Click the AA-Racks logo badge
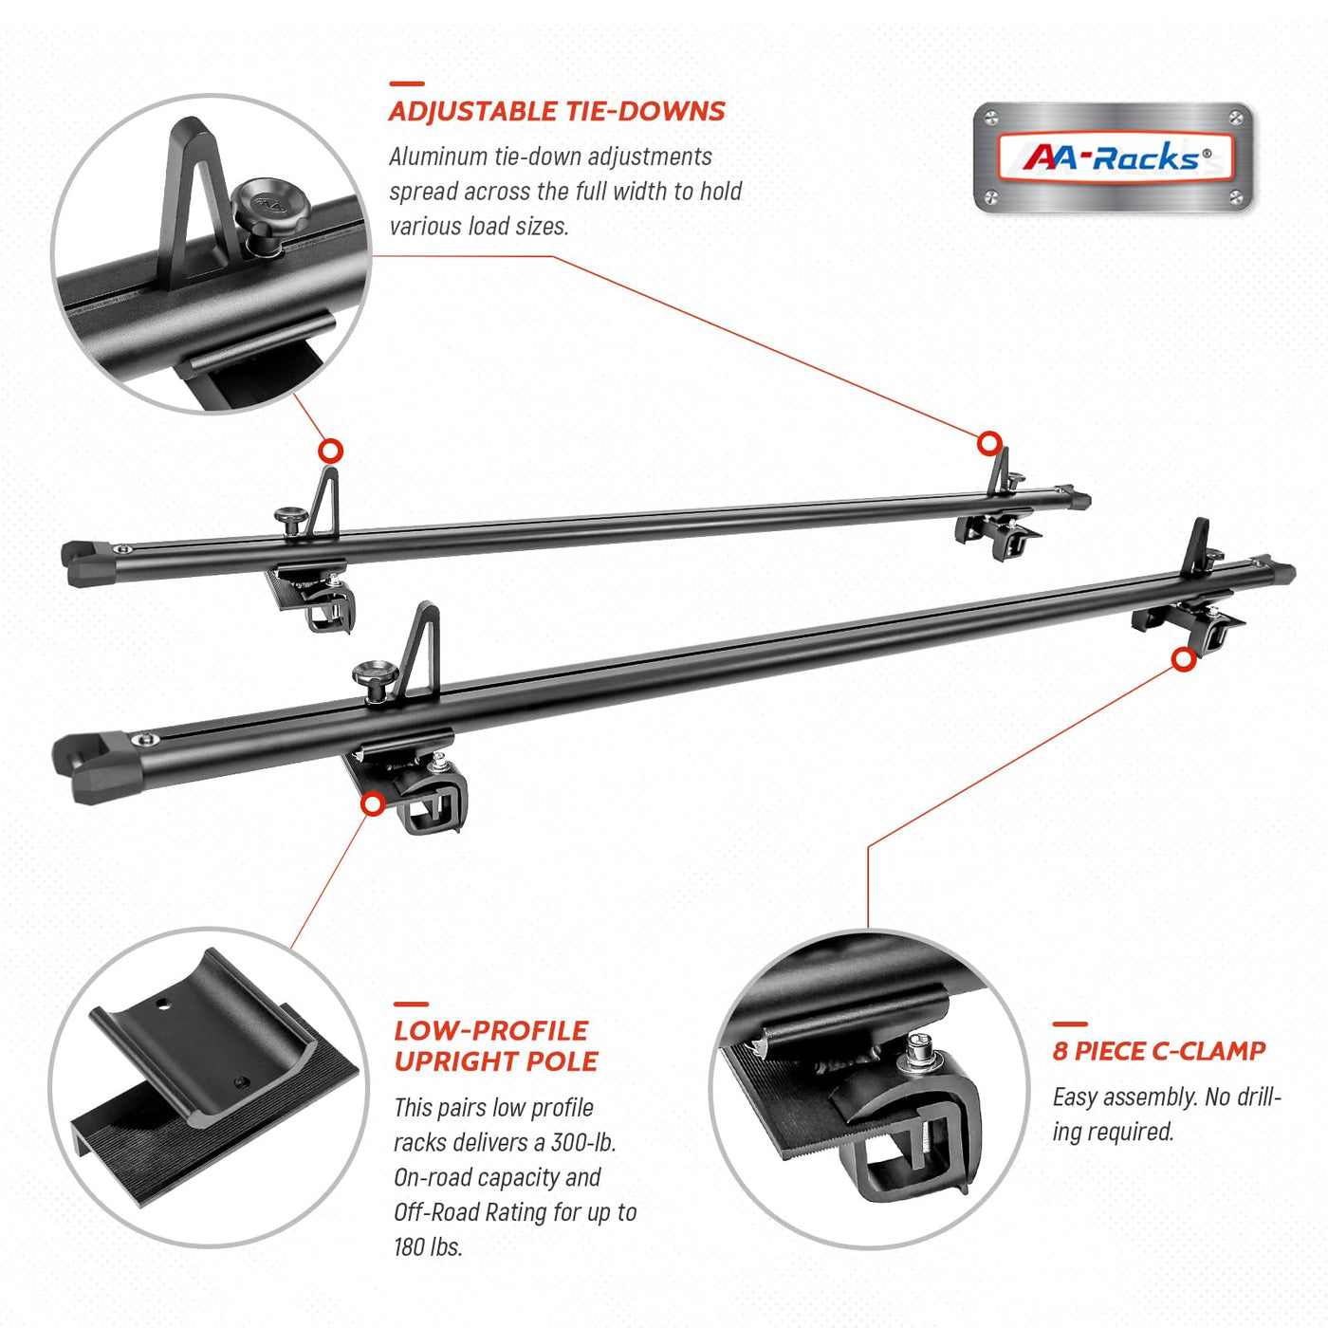[x=1114, y=157]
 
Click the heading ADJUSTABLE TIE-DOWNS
[x=557, y=112]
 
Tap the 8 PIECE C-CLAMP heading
[x=1159, y=1051]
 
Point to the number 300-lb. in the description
[x=582, y=1142]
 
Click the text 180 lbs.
[x=428, y=1246]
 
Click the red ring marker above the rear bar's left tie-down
[x=330, y=451]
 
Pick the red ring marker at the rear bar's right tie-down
[x=989, y=443]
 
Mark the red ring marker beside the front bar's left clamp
[x=373, y=804]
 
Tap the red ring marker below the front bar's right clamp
[x=1183, y=659]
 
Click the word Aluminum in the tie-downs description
[x=437, y=157]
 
